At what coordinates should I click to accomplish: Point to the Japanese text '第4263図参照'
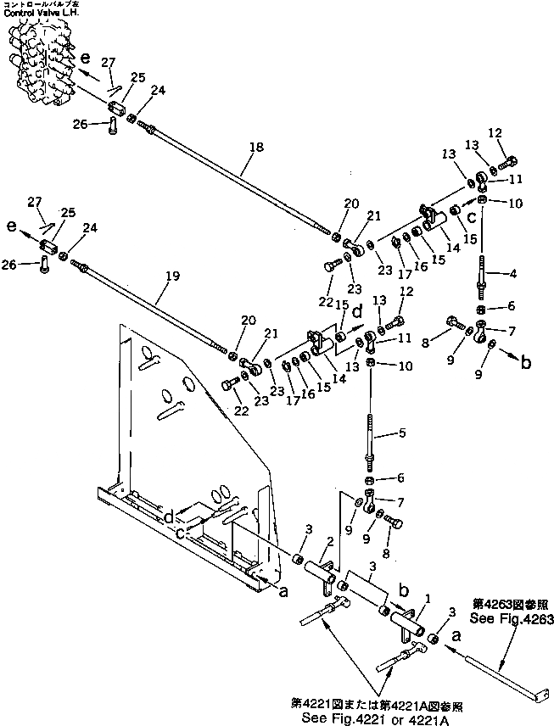pos(506,604)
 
